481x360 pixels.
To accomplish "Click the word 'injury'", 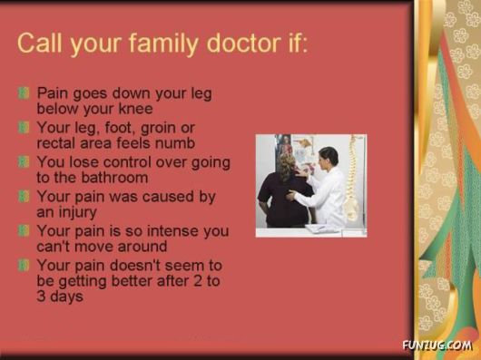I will point(82,211).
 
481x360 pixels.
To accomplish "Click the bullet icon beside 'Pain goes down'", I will point(25,93).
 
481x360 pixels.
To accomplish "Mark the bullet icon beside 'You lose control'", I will point(25,162).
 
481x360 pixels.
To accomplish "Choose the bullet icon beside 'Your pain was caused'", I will point(25,197).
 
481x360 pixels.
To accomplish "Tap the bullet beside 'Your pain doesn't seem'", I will point(25,266).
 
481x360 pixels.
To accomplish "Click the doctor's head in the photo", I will point(328,157).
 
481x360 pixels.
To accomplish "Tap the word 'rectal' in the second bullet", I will point(58,142).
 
